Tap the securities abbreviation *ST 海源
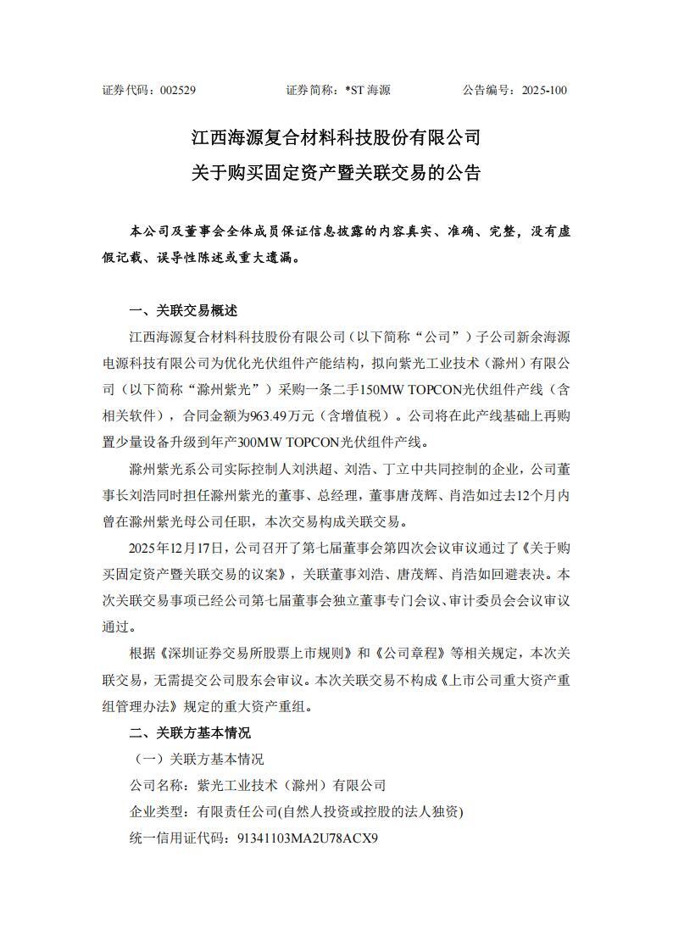[368, 90]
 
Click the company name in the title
[336, 136]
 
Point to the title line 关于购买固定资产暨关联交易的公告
[336, 173]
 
